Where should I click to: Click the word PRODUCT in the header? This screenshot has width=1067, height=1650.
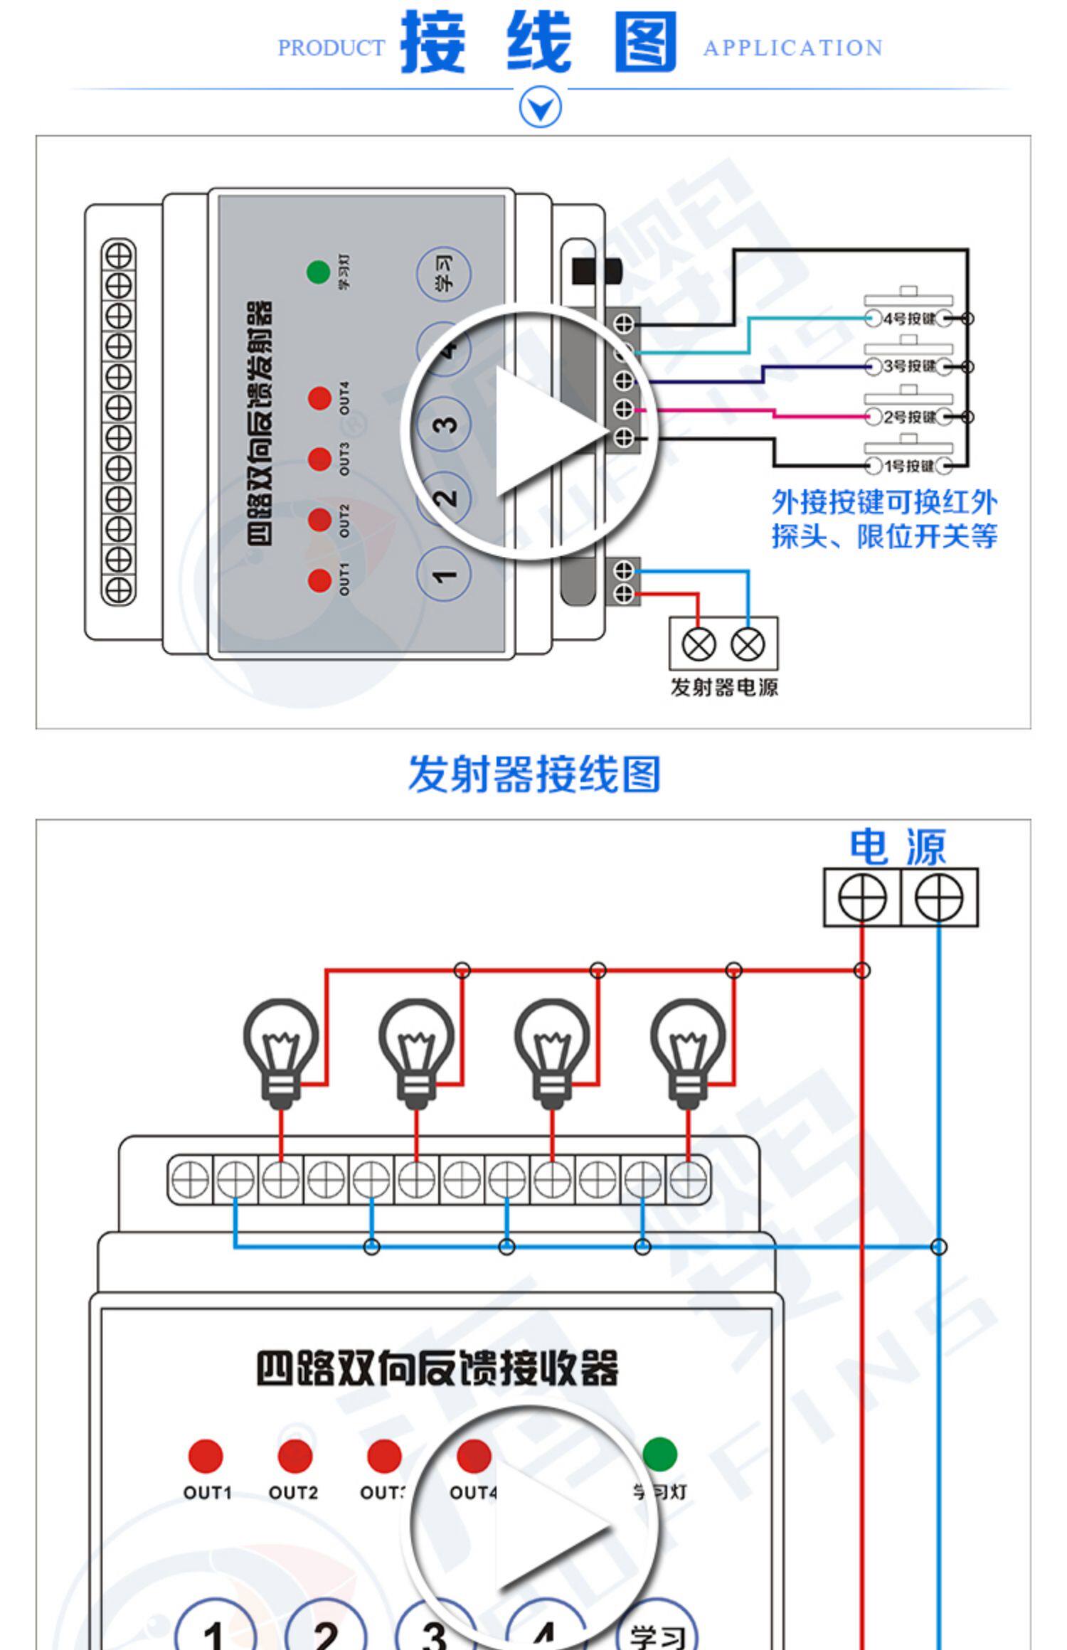331,48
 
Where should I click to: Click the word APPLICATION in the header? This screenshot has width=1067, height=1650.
792,48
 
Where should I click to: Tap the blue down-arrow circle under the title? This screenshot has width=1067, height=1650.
540,108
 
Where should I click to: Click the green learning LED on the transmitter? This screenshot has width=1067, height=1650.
318,272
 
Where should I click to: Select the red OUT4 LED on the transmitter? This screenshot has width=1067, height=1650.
319,398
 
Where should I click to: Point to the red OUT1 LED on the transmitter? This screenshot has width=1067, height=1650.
319,580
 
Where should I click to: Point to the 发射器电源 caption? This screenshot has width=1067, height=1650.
724,687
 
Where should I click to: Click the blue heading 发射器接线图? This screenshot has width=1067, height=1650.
534,774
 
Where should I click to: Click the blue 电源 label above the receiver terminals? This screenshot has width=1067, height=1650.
898,846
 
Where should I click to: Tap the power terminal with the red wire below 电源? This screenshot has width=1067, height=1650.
862,898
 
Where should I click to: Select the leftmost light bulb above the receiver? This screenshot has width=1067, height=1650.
281,1049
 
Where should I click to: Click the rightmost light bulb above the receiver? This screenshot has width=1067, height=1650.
688,1049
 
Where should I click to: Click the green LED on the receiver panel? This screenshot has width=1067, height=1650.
659,1454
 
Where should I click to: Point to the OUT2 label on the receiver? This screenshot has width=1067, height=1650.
293,1492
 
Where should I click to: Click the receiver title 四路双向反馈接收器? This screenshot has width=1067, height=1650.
437,1368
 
